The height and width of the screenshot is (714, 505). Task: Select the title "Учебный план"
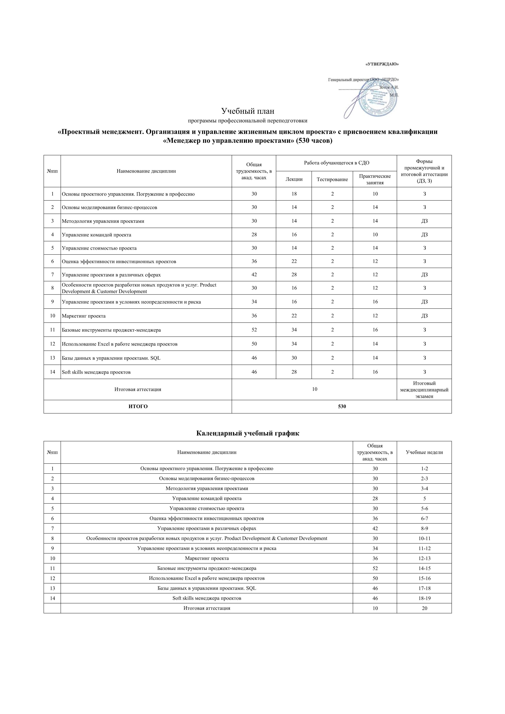[x=248, y=111]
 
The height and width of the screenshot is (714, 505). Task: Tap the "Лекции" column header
[x=294, y=179]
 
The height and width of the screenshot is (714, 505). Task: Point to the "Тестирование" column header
[x=332, y=179]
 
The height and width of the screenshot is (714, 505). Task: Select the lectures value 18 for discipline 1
[x=294, y=194]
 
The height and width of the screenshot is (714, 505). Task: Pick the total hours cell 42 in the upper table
[x=254, y=275]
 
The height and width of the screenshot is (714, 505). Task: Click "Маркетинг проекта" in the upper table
[x=84, y=316]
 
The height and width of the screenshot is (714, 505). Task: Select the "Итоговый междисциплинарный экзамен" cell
[x=424, y=390]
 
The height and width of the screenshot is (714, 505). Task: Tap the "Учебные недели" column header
[x=424, y=452]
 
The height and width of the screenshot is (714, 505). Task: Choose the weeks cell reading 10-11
[x=424, y=538]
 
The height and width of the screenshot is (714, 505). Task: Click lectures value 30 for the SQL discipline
[x=294, y=358]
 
